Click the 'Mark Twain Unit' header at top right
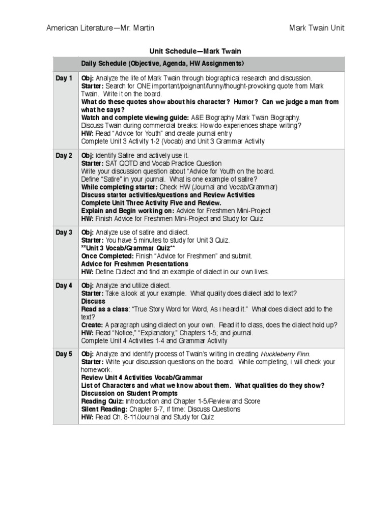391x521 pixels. click(317, 28)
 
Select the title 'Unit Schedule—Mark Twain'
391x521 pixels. click(195, 51)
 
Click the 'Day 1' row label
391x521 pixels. click(64, 78)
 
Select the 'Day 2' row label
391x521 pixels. click(64, 156)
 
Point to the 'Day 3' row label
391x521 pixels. click(64, 233)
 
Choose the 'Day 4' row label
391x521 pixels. click(64, 285)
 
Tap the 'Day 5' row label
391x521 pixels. click(64, 354)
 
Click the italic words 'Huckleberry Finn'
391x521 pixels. click(285, 354)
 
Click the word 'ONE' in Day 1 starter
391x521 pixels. click(143, 86)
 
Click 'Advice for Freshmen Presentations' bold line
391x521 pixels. click(134, 264)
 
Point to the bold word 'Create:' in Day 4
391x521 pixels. click(92, 325)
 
